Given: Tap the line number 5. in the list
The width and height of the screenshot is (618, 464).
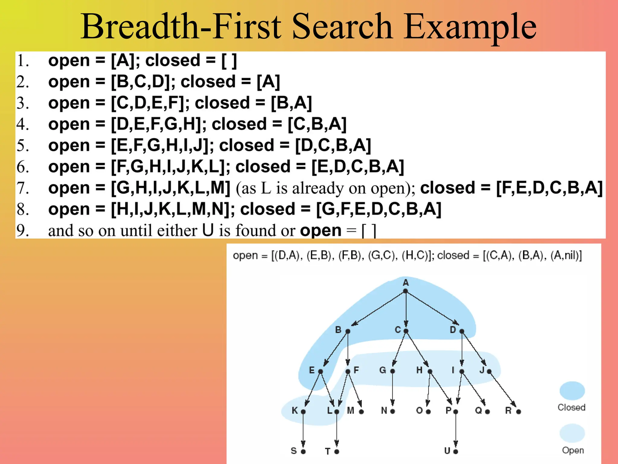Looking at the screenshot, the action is click(23, 146).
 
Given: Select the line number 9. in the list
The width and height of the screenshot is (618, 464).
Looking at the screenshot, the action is click(23, 230).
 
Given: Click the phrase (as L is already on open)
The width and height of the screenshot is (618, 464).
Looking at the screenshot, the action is click(325, 188).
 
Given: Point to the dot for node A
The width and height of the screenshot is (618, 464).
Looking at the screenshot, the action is click(406, 291).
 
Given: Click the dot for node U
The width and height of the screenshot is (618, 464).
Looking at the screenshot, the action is click(456, 451).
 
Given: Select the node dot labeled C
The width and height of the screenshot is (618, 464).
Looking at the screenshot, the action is click(406, 331).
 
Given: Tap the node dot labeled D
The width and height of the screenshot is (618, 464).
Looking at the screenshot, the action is click(461, 331).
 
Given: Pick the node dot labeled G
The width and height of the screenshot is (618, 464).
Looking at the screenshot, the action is click(393, 371).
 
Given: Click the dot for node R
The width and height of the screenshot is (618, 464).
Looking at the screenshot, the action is click(518, 411).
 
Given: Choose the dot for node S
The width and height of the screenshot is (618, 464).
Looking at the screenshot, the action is click(303, 451).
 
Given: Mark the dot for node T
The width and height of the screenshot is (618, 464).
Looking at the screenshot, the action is click(337, 451).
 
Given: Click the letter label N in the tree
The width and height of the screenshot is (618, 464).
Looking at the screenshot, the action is click(384, 411).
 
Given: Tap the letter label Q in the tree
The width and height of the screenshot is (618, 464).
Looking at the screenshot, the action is click(478, 411).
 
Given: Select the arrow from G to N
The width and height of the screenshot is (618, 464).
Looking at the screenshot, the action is click(393, 390).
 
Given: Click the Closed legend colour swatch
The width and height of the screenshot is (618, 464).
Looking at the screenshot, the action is click(572, 391).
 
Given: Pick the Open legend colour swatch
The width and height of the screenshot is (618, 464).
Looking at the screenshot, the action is click(572, 433).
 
